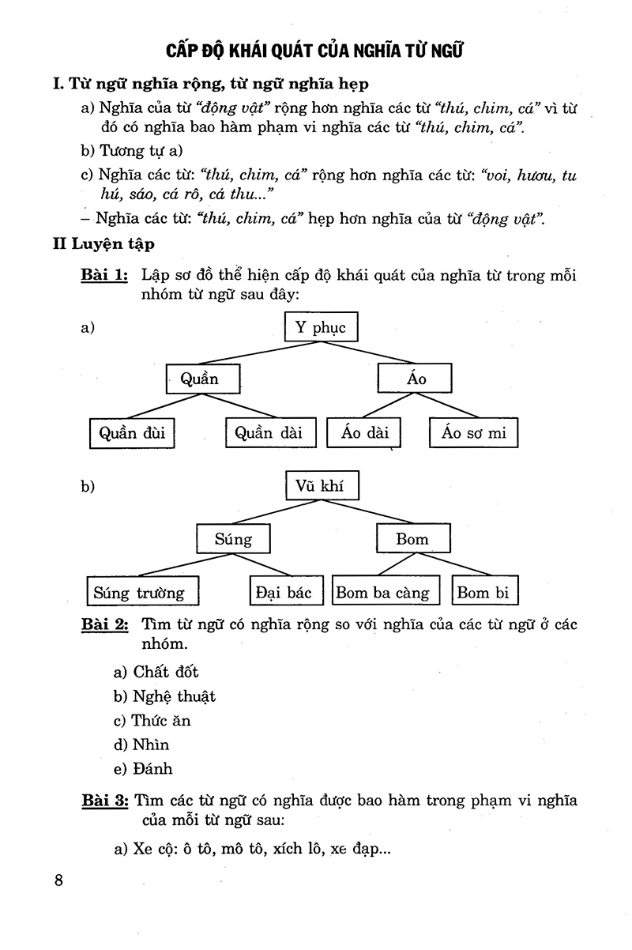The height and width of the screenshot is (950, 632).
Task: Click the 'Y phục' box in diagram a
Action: (x=320, y=327)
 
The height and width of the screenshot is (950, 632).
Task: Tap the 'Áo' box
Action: (x=416, y=379)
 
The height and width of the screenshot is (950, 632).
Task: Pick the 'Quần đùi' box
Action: (x=132, y=432)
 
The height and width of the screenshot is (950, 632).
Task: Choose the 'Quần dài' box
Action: (x=265, y=432)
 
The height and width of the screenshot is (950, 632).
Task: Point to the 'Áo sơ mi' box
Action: (x=474, y=432)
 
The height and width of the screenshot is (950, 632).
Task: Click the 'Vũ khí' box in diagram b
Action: (x=320, y=486)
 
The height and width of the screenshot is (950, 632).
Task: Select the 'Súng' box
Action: (x=233, y=540)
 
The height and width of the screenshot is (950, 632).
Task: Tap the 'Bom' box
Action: (x=412, y=540)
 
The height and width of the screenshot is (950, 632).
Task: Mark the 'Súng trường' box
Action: (x=140, y=592)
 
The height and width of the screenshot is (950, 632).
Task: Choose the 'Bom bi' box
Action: (x=485, y=592)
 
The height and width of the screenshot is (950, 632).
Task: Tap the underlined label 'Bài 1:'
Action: (x=103, y=276)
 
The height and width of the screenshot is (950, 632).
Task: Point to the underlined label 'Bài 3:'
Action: (x=103, y=801)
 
